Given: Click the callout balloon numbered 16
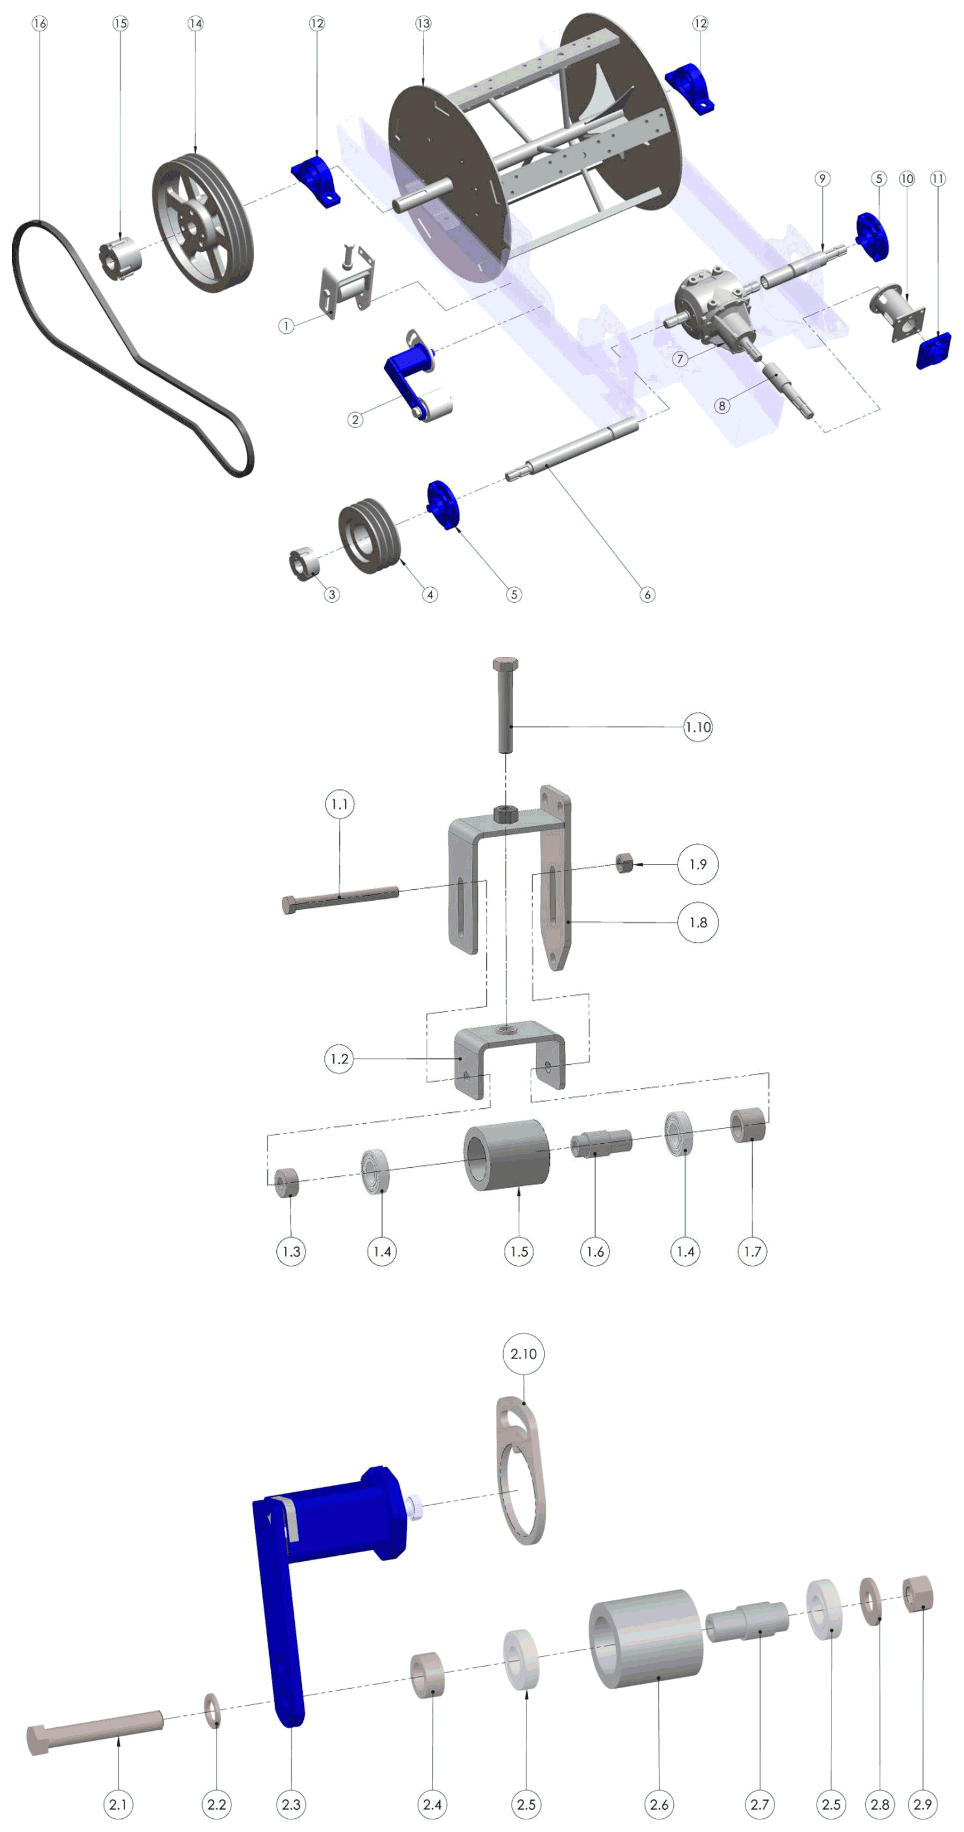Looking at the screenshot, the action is point(40,23).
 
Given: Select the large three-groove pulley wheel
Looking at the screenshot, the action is point(203,222).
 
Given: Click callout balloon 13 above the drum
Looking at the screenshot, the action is point(423,23).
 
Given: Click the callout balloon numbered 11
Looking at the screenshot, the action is point(938,179).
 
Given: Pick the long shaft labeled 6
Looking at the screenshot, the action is point(573,449).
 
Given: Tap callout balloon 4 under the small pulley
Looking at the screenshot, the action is point(430,594).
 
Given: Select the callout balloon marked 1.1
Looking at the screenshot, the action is point(339,804).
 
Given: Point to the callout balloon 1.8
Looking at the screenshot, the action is point(698,922).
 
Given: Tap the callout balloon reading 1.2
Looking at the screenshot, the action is point(339,1059).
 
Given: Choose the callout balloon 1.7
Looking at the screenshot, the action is point(752,1251).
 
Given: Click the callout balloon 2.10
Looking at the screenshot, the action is point(524,1353).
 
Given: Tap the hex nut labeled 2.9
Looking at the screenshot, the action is point(918,1594).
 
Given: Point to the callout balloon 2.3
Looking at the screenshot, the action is point(291,1804).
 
